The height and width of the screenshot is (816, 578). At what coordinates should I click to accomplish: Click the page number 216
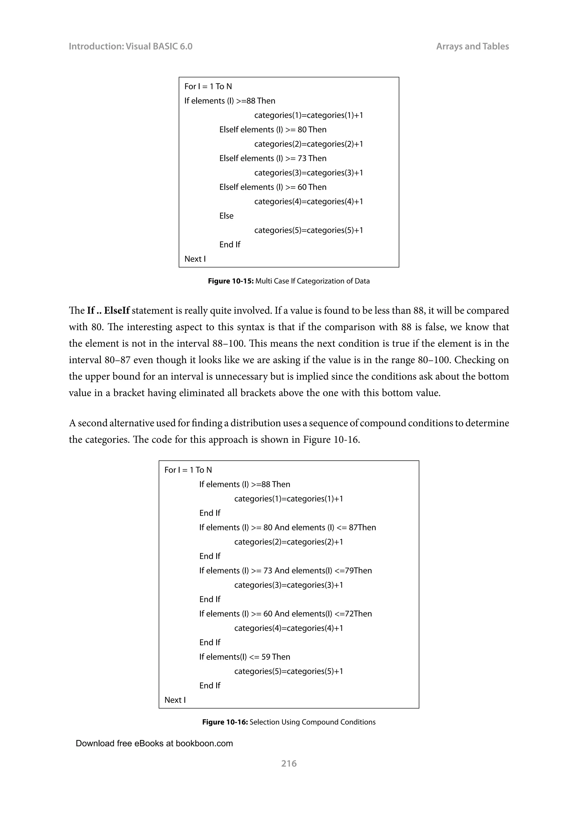pyautogui.click(x=289, y=763)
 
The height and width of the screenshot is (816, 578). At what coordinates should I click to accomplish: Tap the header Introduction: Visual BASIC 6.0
pyautogui.click(x=130, y=46)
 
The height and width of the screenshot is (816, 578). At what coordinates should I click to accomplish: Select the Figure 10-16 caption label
pyautogui.click(x=225, y=722)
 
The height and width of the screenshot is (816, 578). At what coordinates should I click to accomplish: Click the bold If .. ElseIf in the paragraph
pyautogui.click(x=108, y=310)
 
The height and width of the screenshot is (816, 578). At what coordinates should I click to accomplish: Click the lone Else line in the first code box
pyautogui.click(x=226, y=216)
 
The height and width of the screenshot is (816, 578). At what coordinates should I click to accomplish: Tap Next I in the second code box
pyautogui.click(x=175, y=700)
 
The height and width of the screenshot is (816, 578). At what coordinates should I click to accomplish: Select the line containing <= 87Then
pyautogui.click(x=287, y=527)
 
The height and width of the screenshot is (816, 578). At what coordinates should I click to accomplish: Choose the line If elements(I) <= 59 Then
pyautogui.click(x=244, y=657)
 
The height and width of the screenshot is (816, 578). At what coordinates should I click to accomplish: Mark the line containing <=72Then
pyautogui.click(x=285, y=614)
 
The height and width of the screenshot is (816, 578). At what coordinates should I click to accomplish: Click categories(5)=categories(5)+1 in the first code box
pyautogui.click(x=308, y=230)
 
